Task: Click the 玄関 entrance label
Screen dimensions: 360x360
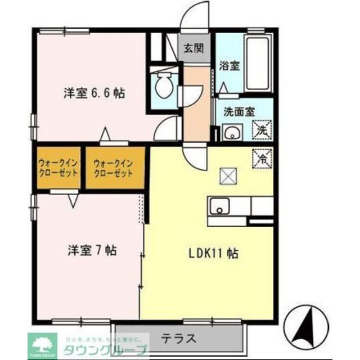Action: point(193,48)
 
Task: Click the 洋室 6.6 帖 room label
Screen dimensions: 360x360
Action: point(93,93)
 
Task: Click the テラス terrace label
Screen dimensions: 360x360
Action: point(179,339)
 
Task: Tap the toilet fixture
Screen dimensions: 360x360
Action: point(165,84)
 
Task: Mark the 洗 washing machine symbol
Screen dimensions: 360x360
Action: point(262,130)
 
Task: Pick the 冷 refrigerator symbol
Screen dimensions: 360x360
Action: point(262,157)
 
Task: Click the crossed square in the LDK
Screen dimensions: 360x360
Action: point(229,177)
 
